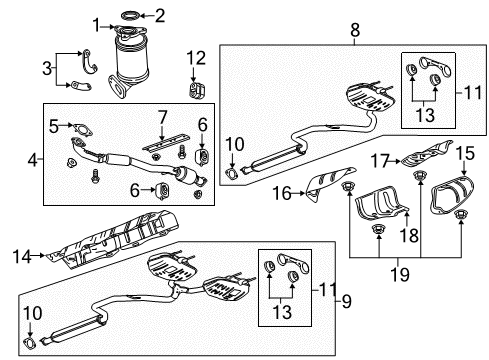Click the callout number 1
click(96, 24)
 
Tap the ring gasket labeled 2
click(131, 15)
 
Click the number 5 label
click(56, 125)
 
